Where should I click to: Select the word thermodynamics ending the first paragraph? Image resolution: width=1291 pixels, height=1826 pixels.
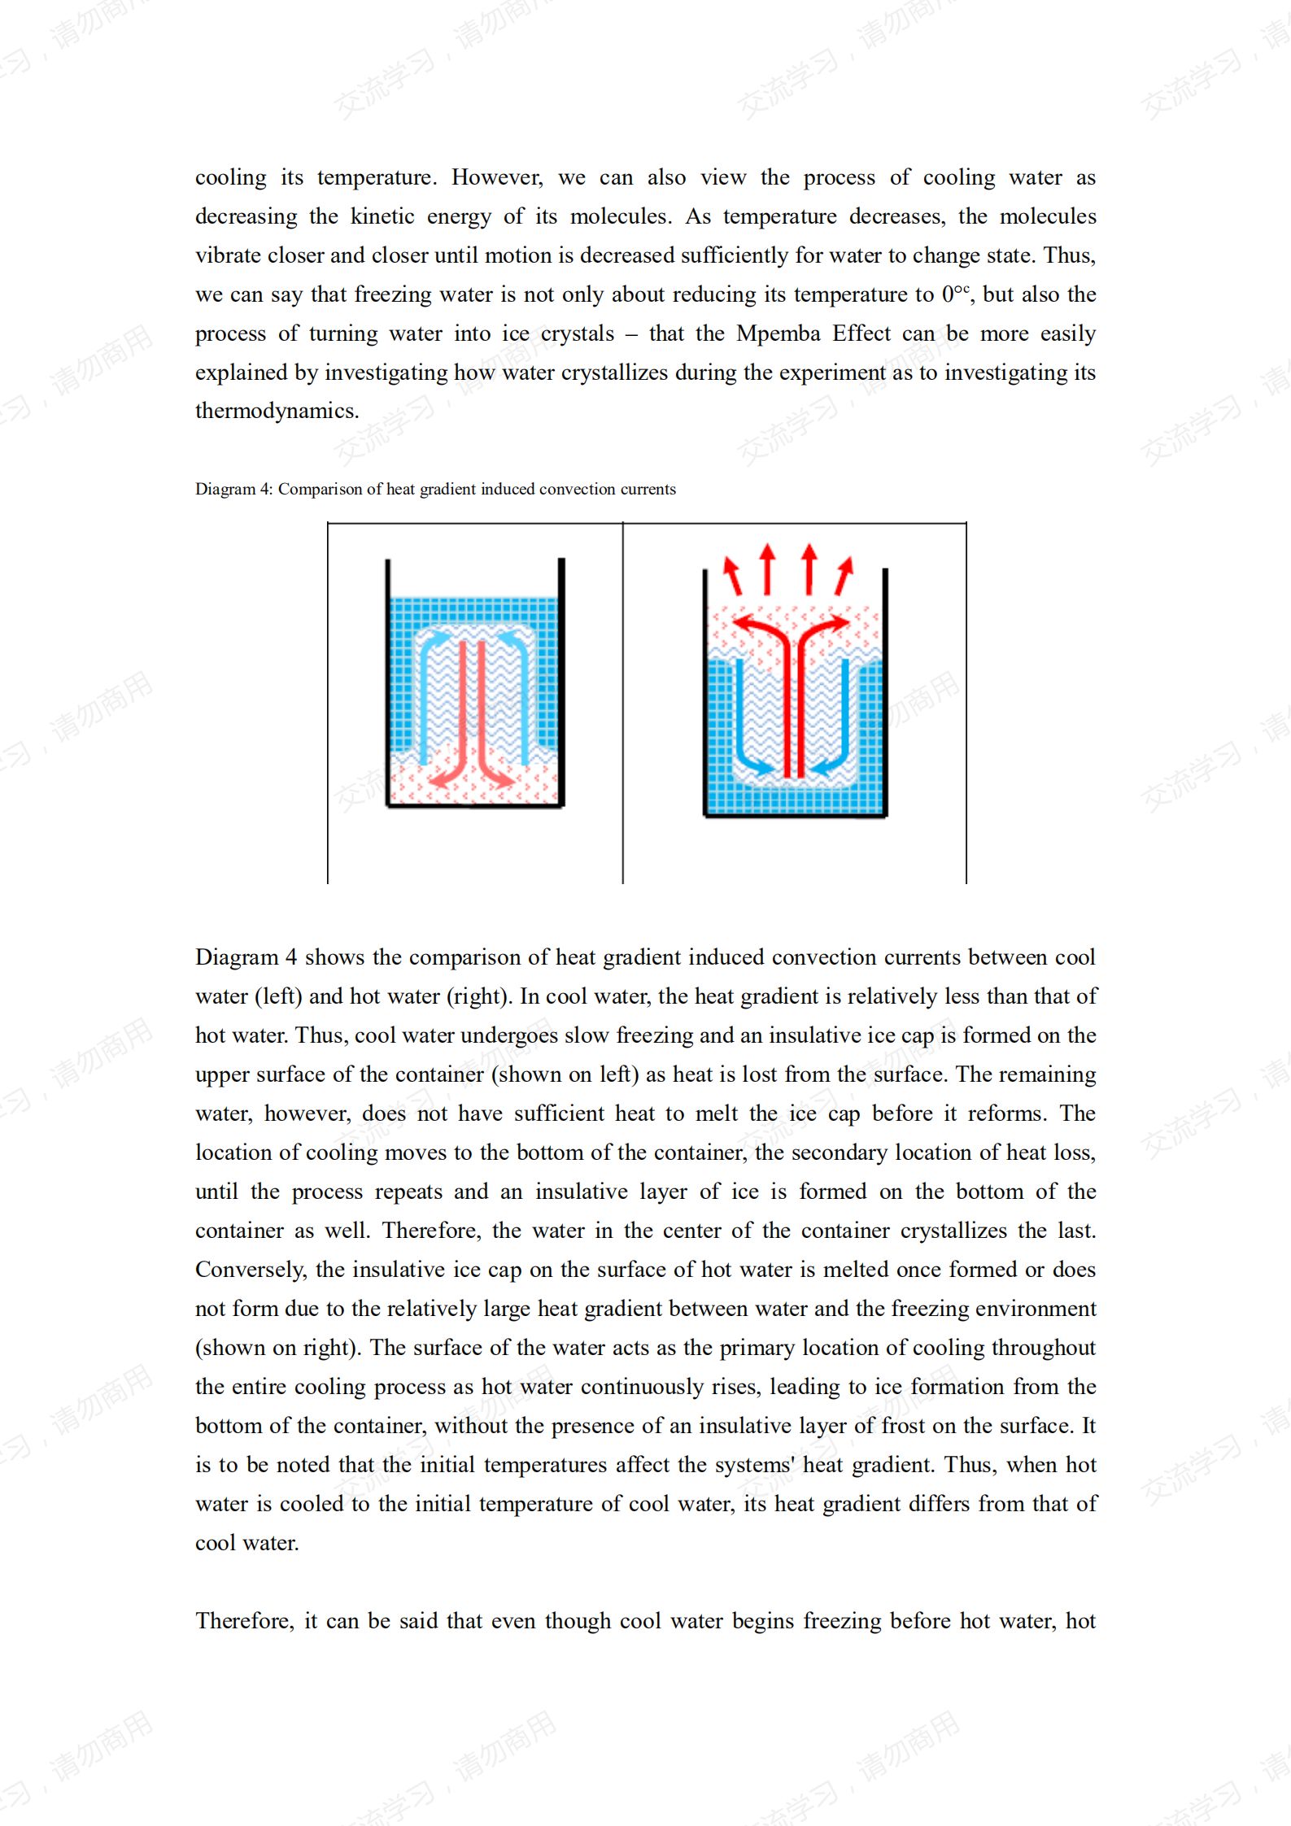pyautogui.click(x=276, y=411)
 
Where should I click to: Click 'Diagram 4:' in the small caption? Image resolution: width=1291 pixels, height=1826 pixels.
pyautogui.click(x=233, y=489)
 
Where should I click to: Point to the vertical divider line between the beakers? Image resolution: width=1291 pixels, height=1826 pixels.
pyautogui.click(x=623, y=703)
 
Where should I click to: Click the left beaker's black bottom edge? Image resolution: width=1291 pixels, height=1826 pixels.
pyautogui.click(x=475, y=806)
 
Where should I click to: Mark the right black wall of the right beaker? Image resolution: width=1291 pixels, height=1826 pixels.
pyautogui.click(x=885, y=691)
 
